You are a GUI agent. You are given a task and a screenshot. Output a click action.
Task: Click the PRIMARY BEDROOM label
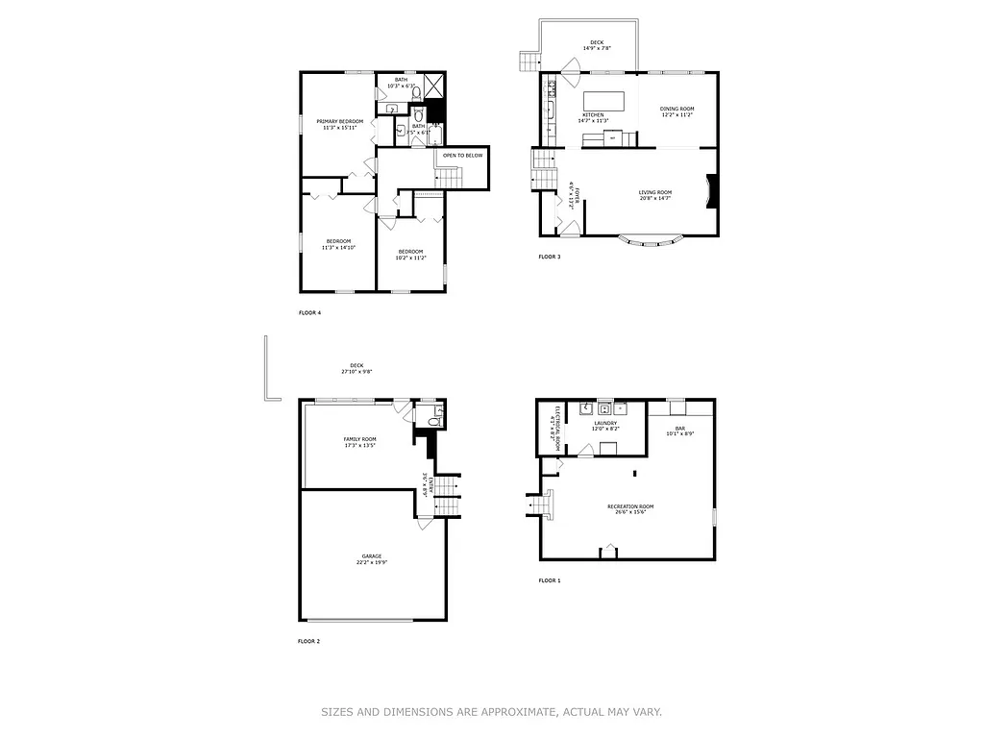(339, 121)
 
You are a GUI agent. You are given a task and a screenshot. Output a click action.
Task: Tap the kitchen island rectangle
(604, 100)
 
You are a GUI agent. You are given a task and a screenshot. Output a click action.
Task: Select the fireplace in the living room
(711, 190)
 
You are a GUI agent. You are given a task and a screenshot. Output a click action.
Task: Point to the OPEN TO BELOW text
(462, 155)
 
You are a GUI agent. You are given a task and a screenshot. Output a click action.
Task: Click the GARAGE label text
(371, 556)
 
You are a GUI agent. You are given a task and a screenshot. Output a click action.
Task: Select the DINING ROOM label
(676, 109)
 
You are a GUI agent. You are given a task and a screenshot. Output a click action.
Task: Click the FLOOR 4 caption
(308, 313)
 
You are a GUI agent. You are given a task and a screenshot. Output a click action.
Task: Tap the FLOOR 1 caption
(549, 580)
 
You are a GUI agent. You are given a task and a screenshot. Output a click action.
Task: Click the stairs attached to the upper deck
(529, 62)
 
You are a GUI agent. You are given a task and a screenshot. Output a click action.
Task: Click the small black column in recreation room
(634, 472)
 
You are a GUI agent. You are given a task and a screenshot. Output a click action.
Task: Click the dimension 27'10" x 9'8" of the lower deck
(356, 372)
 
